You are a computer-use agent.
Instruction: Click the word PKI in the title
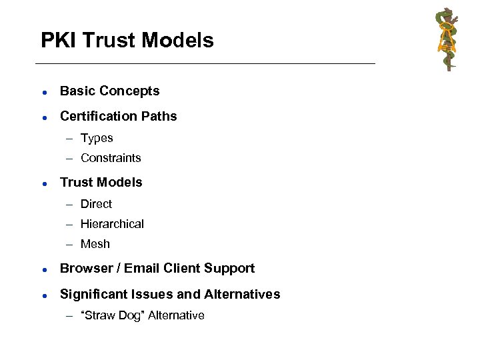tap(57, 41)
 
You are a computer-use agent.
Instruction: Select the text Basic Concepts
tap(109, 91)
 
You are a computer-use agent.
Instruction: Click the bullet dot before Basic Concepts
tap(43, 91)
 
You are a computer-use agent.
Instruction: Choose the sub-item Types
tap(97, 138)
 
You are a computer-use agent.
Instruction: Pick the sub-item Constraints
tap(111, 158)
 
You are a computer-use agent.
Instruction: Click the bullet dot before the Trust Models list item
tap(43, 183)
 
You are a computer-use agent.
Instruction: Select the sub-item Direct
tap(96, 204)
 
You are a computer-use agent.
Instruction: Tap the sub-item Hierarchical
tap(112, 224)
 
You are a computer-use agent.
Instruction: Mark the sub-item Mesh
tap(95, 244)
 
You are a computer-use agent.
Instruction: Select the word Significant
tap(92, 294)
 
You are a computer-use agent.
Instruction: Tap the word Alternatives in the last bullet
tap(243, 294)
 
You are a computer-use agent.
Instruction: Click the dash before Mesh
tap(70, 244)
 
